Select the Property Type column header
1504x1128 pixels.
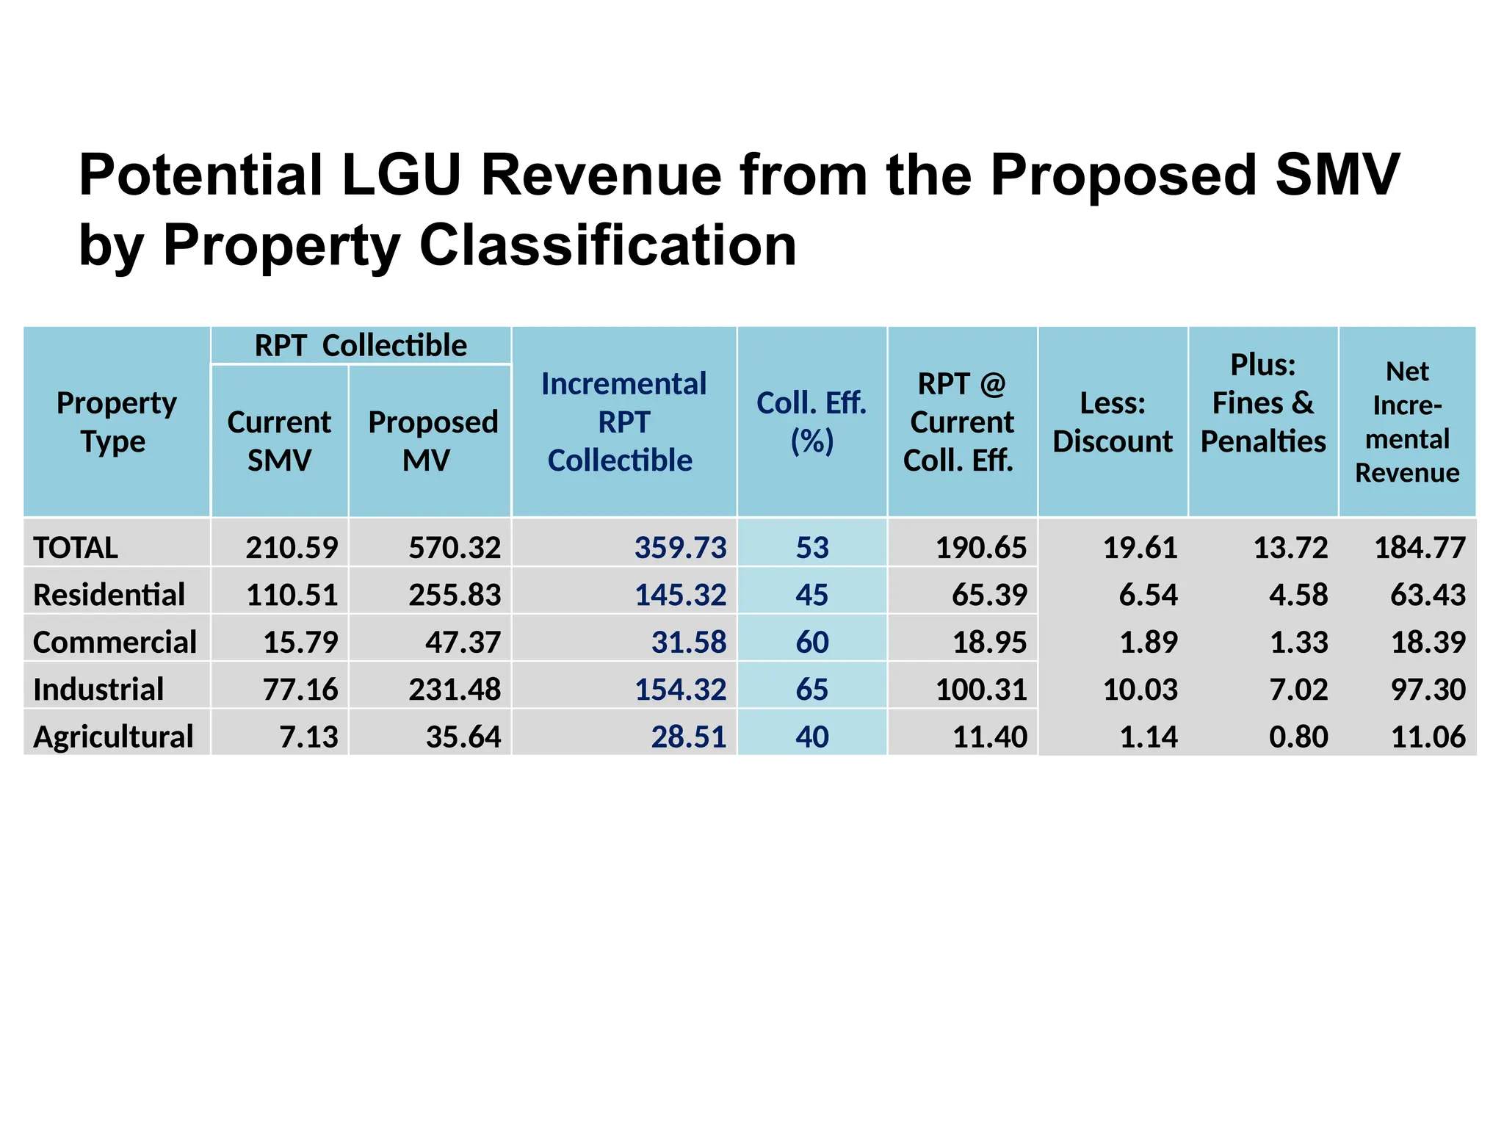[x=116, y=422]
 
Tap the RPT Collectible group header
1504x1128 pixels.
[x=361, y=345]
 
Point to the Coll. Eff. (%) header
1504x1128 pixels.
[x=811, y=422]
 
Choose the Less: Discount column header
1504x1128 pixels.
[x=1113, y=422]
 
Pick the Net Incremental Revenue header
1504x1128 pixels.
[x=1407, y=422]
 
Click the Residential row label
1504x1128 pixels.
[x=109, y=595]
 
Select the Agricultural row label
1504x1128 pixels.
[x=113, y=737]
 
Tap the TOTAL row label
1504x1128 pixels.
[x=76, y=548]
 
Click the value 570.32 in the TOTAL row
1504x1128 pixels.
[x=455, y=548]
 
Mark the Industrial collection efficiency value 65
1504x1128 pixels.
[x=811, y=690]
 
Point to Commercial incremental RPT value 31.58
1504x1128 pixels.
[x=688, y=643]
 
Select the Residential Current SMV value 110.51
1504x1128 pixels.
[x=292, y=595]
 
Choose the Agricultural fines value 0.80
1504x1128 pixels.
[x=1298, y=737]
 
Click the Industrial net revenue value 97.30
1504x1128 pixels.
[x=1428, y=690]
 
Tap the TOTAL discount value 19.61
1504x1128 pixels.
[x=1140, y=548]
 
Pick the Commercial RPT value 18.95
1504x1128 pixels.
[x=989, y=643]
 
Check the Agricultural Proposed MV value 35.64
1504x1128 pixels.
[x=463, y=737]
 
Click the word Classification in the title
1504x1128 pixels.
[x=607, y=245]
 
